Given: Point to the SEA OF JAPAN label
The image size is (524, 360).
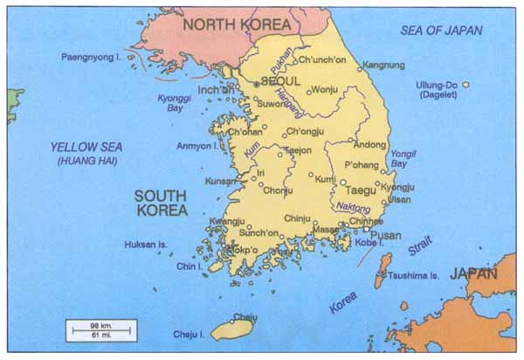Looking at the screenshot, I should pyautogui.click(x=441, y=31).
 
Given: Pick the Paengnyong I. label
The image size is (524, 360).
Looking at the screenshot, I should pyautogui.click(x=90, y=57).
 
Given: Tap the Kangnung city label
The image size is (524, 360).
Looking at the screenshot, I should pyautogui.click(x=383, y=65).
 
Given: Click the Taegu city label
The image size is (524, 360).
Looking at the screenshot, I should pyautogui.click(x=360, y=189).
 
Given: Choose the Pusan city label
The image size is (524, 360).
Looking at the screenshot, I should pyautogui.click(x=385, y=235).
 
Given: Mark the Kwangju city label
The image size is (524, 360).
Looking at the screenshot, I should pyautogui.click(x=226, y=222).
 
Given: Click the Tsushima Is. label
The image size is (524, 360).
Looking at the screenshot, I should pyautogui.click(x=416, y=275).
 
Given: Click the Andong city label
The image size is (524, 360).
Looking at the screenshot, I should pyautogui.click(x=369, y=145).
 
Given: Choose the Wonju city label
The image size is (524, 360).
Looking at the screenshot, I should pyautogui.click(x=324, y=89).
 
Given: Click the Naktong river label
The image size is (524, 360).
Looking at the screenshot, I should pyautogui.click(x=353, y=207).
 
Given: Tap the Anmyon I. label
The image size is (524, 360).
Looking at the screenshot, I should pyautogui.click(x=196, y=146).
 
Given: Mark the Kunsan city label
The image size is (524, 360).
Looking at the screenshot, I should pyautogui.click(x=219, y=181).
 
